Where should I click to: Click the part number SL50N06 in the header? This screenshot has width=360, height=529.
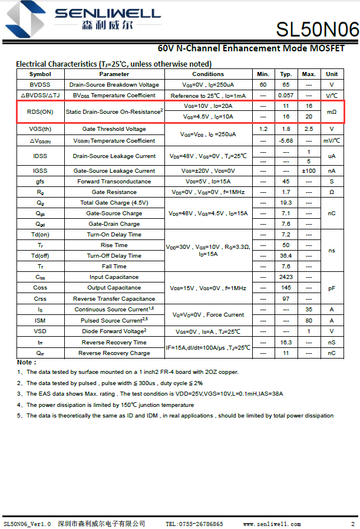point(317,29)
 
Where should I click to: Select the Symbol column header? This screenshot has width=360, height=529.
point(40,74)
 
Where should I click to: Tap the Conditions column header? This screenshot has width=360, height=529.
point(208,74)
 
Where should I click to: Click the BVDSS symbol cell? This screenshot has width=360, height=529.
point(40,85)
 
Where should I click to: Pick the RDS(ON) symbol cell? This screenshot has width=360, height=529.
point(40,111)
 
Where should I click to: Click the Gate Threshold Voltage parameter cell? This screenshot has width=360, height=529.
point(114,129)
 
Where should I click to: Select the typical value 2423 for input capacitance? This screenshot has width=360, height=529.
point(286,277)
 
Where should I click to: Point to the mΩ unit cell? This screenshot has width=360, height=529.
point(332,111)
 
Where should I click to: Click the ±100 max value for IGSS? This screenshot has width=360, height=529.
point(309,171)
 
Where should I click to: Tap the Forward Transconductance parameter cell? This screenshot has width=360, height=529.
point(114,182)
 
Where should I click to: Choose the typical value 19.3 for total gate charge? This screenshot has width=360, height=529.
point(286,202)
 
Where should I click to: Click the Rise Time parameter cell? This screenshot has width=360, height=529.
point(114,245)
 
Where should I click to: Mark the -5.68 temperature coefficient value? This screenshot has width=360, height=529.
point(286,141)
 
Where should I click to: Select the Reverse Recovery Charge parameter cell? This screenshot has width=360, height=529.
point(114,353)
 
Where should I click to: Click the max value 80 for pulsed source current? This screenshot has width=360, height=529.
point(309,320)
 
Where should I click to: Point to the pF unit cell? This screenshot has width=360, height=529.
point(332,288)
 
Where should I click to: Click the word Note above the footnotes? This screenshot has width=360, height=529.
point(25,362)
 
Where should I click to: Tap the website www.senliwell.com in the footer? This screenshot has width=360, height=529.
point(272,524)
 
